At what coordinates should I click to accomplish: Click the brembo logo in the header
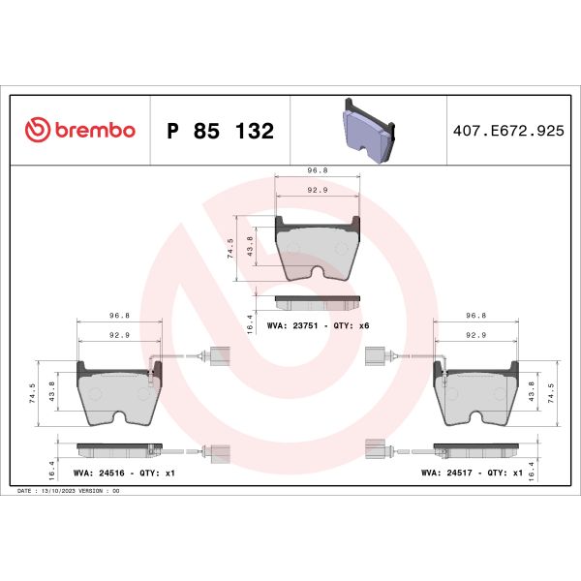(x=79, y=130)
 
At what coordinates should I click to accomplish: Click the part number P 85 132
(x=221, y=131)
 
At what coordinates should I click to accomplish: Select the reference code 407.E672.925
(x=508, y=130)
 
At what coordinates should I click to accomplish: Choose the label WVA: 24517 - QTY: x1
(x=473, y=474)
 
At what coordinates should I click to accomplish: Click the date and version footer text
(x=70, y=492)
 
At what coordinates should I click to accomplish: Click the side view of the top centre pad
(x=318, y=301)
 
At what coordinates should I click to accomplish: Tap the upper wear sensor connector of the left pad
(x=218, y=354)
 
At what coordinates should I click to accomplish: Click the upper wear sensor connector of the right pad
(x=374, y=354)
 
